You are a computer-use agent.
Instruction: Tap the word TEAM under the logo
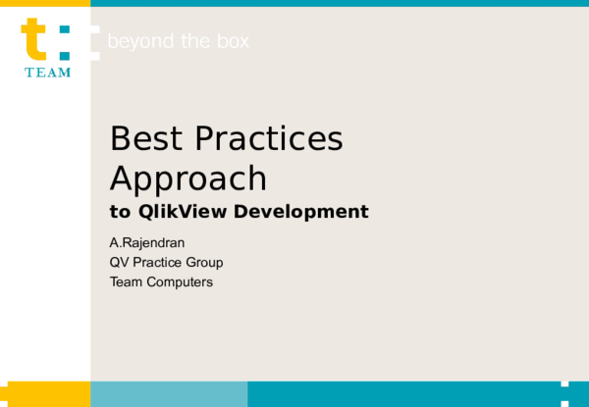(48, 74)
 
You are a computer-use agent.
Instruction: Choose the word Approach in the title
(188, 178)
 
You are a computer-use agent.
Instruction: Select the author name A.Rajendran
(146, 242)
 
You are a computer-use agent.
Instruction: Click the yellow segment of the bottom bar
(45, 394)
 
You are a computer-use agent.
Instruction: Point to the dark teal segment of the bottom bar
(402, 394)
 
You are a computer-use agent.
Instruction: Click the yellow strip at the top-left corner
(45, 3)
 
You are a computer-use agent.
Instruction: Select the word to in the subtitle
(119, 212)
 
